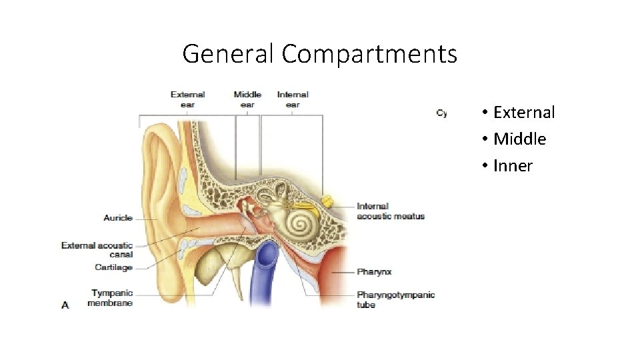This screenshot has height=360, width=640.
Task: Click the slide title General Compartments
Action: [320, 53]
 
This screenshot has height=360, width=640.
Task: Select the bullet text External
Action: [523, 113]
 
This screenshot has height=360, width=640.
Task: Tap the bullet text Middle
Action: [519, 139]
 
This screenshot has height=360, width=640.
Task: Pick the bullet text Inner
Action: [513, 166]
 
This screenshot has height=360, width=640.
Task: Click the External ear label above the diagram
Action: [187, 99]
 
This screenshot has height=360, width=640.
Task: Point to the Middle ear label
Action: [247, 99]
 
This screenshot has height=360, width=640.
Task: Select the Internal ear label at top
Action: [293, 99]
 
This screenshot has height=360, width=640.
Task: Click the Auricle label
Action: [118, 218]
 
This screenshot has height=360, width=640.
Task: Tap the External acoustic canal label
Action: [97, 249]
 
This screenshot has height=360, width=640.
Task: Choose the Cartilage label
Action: [114, 268]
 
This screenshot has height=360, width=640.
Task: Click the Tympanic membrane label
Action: [110, 298]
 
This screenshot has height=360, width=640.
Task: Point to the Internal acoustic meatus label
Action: [391, 211]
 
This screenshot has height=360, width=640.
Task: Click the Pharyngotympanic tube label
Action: [396, 299]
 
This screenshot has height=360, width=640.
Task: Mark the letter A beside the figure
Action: [65, 305]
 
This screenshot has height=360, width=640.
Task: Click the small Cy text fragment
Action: [441, 113]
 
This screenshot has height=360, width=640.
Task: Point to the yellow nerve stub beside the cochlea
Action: [327, 199]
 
